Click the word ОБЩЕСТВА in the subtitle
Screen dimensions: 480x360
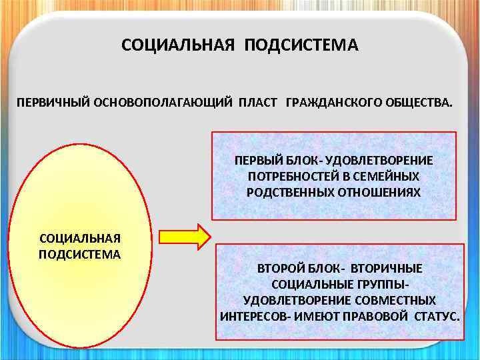[x=415, y=105]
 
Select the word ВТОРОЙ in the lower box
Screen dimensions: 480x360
[x=281, y=269]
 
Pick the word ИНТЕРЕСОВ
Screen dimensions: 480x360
[x=251, y=315]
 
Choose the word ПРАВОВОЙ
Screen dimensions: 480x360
[x=371, y=315]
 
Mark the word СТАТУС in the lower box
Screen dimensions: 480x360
[x=436, y=315]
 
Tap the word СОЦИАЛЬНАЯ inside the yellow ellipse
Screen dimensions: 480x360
[x=80, y=239]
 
